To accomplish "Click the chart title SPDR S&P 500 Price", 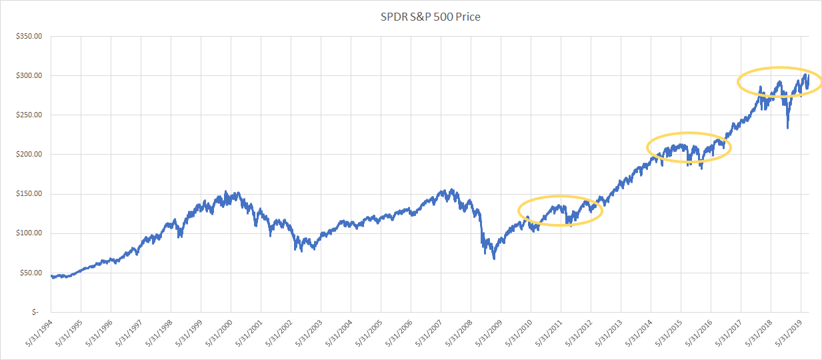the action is tap(430, 17).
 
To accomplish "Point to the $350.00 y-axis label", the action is tap(29, 36).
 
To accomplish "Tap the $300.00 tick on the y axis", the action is tap(29, 75).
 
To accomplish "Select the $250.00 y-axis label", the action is tap(29, 115).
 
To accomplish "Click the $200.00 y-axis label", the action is tap(29, 155).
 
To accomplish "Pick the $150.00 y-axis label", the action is tap(29, 194).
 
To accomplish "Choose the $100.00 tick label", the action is tap(29, 233).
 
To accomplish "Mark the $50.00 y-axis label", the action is tap(31, 273).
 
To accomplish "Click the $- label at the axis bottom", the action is tap(35, 312).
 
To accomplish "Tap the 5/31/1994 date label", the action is tap(39, 333).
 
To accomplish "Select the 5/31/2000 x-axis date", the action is tap(219, 333).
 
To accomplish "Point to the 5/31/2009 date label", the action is tap(489, 333).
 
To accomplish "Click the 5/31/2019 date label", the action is tap(789, 333).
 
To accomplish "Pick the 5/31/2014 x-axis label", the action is tap(639, 333).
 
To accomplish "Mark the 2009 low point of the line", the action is tap(494, 259).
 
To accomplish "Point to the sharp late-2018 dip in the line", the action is tap(787, 127).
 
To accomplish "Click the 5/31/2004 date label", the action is tap(339, 333).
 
